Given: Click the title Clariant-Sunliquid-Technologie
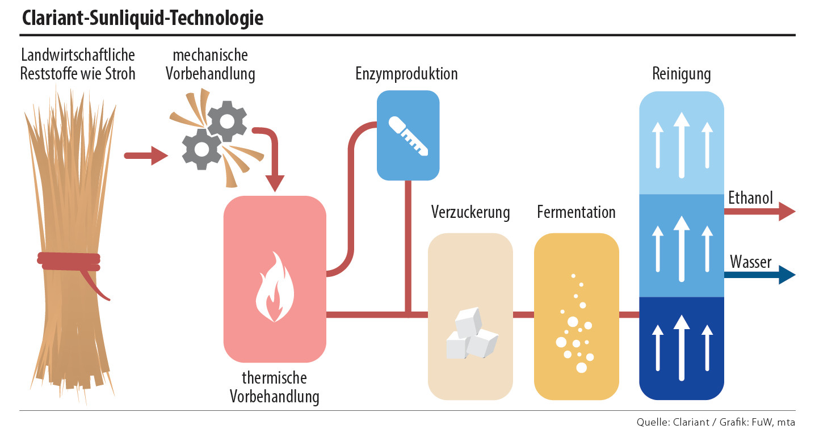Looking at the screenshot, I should click(x=142, y=18).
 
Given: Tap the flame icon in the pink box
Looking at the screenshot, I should click(x=275, y=288).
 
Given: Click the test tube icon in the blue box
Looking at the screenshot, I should click(x=408, y=136).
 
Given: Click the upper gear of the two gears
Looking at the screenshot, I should click(x=226, y=120).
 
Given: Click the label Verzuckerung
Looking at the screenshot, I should click(x=470, y=213).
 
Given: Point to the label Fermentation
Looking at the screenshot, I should click(x=576, y=213).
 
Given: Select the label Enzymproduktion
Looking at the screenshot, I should click(x=406, y=74).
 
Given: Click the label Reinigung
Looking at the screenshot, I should click(x=681, y=74).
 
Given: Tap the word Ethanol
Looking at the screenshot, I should click(x=750, y=198).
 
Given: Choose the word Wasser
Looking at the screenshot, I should click(x=750, y=262).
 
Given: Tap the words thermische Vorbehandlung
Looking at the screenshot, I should click(x=275, y=387).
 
